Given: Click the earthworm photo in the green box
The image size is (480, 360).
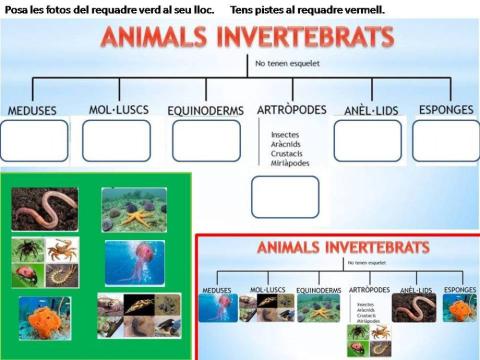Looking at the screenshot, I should click(45, 208).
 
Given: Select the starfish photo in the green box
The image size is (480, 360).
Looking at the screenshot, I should click(133, 210).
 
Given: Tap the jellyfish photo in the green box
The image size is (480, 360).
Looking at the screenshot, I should click(134, 262).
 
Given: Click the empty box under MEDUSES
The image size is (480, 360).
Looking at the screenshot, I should click(35, 141).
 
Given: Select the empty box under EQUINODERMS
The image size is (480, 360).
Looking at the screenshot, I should click(206, 141).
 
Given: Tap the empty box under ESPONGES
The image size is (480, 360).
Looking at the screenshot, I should click(445, 141).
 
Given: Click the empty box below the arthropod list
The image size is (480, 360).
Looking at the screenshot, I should click(284, 197).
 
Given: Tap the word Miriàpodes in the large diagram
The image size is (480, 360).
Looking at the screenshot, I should click(290, 163).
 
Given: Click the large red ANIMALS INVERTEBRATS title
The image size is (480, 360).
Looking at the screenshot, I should click(246, 39).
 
